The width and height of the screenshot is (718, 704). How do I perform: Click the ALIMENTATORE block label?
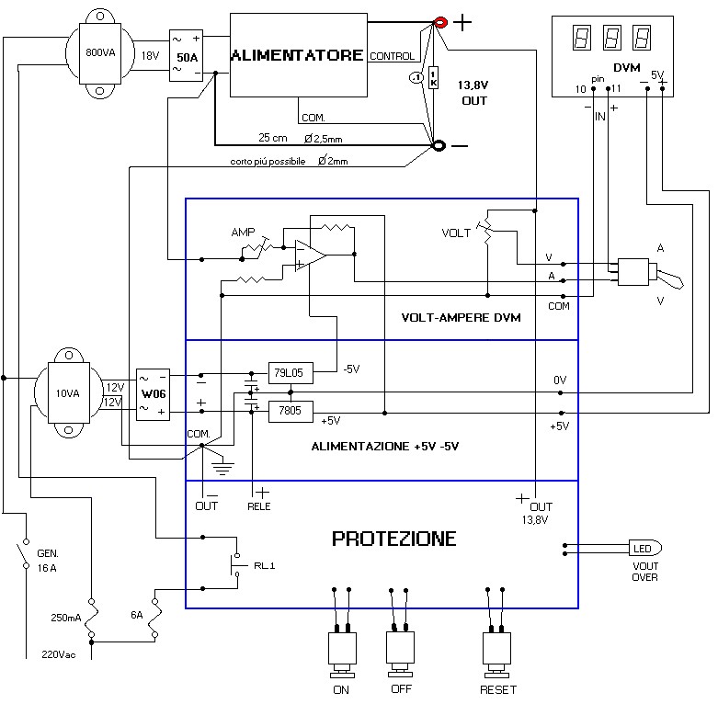point(296,55)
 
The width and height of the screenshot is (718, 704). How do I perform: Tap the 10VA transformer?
point(68,392)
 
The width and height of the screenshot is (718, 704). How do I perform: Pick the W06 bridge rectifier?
point(153,395)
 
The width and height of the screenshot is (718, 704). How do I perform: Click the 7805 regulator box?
point(291,412)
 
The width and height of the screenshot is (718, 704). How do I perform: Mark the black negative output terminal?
point(439,144)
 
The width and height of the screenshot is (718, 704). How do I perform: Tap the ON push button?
point(341,648)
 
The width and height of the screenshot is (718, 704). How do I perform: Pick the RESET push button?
point(497,648)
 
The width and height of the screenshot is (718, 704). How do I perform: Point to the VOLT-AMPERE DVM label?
point(461,318)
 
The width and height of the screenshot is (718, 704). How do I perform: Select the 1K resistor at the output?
point(434,79)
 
